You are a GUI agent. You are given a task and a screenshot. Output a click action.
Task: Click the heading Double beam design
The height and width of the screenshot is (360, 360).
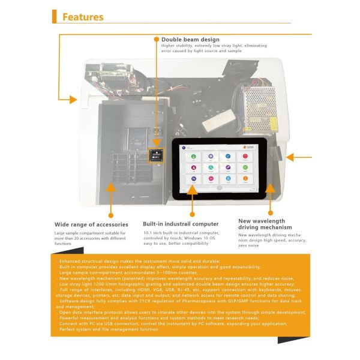[190, 40]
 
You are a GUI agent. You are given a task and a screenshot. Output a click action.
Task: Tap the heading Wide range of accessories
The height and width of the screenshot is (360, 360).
[91, 224]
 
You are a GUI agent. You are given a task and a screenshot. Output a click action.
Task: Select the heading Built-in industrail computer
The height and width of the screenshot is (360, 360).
[181, 224]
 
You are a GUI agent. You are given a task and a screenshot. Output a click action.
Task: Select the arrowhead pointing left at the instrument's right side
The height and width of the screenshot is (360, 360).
[290, 157]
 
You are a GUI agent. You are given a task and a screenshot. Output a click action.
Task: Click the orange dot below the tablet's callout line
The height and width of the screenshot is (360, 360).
[192, 214]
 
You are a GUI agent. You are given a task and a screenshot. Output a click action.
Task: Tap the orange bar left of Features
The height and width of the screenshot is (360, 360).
[55, 16]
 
